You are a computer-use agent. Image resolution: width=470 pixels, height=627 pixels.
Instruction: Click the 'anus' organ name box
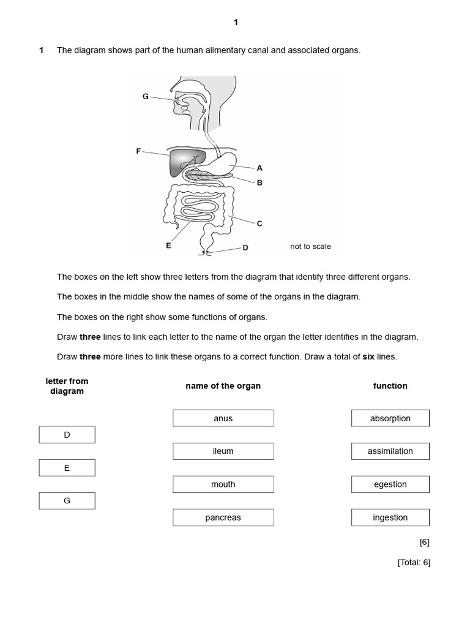(x=223, y=418)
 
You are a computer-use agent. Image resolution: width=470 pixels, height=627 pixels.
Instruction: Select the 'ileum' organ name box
(x=223, y=451)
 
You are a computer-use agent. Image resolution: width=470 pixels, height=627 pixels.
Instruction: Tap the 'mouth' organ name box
(x=223, y=484)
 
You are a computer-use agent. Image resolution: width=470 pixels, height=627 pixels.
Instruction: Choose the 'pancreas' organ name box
(x=223, y=517)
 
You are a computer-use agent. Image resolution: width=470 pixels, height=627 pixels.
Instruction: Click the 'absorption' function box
(x=390, y=418)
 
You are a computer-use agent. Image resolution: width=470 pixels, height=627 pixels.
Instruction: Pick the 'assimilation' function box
(x=390, y=451)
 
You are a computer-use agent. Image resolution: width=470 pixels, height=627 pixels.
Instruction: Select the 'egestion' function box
(x=390, y=484)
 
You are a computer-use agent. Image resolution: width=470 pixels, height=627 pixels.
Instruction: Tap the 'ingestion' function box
(x=390, y=517)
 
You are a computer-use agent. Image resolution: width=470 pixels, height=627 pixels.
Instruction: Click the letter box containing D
(x=67, y=435)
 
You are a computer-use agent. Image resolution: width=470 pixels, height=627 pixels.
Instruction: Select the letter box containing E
(x=67, y=468)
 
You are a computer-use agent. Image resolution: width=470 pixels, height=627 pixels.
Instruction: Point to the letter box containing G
(x=67, y=500)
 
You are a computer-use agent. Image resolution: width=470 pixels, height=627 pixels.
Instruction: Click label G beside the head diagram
(x=145, y=96)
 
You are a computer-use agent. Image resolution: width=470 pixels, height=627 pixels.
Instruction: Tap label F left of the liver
(x=138, y=151)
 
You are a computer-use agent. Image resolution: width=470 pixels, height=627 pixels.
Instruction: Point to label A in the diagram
(x=259, y=168)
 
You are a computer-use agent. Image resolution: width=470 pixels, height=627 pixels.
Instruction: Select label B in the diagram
(x=259, y=182)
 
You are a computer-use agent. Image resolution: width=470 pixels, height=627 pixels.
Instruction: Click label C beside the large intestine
(x=259, y=223)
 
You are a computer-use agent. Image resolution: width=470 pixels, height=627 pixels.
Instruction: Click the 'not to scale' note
(x=310, y=247)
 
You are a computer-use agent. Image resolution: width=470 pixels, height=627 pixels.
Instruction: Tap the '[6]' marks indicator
(x=425, y=542)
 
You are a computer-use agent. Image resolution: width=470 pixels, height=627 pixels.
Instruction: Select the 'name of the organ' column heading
(x=223, y=386)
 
